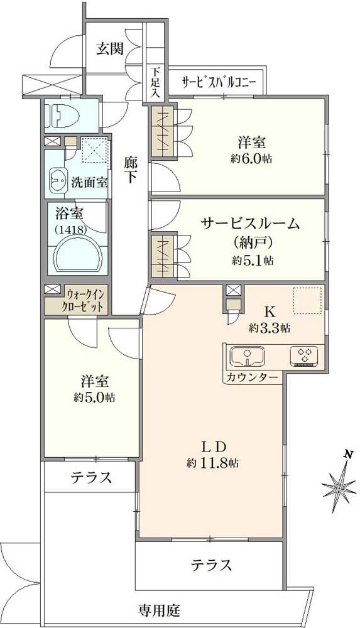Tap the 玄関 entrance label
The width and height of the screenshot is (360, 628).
click(109, 49)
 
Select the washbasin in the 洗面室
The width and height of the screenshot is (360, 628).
click(58, 182)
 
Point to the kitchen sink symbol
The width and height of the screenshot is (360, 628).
click(248, 355)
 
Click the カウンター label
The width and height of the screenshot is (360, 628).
click(252, 377)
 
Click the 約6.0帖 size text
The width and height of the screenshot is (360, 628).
click(251, 159)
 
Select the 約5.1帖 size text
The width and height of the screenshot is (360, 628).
click(253, 261)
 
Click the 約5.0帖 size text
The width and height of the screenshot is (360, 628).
click(94, 398)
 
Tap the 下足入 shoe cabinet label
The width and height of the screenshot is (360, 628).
click(155, 83)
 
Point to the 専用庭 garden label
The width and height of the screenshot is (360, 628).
click(159, 610)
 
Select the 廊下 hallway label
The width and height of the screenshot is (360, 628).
click(130, 170)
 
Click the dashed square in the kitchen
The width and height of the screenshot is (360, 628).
click(307, 301)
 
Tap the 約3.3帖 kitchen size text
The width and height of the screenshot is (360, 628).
click(269, 328)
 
